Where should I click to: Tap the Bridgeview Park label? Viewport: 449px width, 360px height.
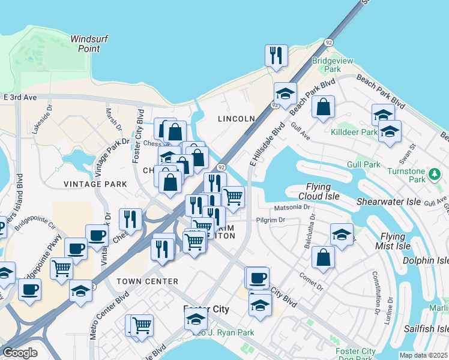(327, 65)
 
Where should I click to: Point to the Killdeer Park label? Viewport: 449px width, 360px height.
(354, 132)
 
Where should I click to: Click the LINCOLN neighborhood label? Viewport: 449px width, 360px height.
(237, 119)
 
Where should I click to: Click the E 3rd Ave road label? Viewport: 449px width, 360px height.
(20, 97)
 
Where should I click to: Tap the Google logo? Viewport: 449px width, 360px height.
(20, 353)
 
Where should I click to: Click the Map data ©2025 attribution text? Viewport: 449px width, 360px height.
(423, 355)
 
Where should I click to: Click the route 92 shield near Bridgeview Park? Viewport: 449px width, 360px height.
(328, 43)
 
